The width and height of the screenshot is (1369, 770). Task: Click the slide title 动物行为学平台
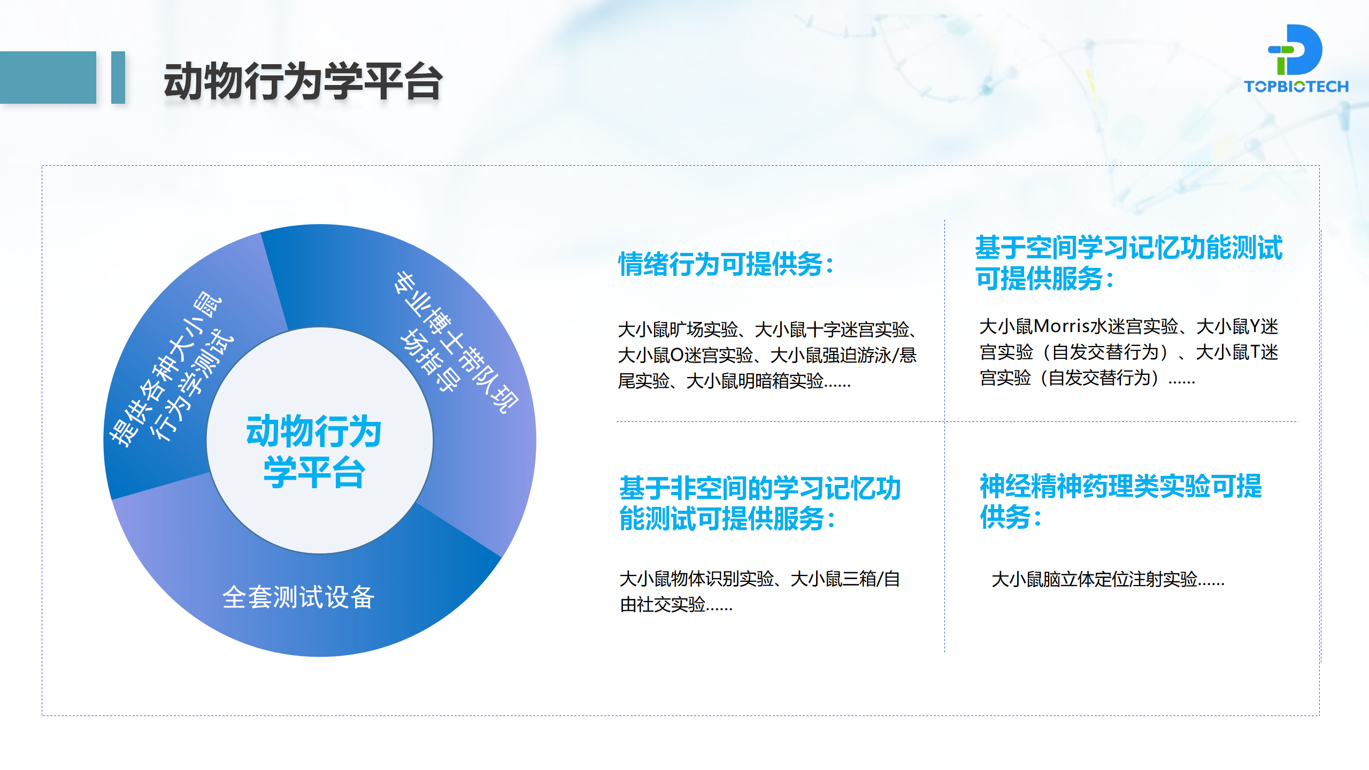(303, 81)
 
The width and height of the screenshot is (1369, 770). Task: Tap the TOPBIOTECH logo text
(1296, 87)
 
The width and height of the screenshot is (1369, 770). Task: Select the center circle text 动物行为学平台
(314, 451)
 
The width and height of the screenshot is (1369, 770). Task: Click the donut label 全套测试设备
(298, 597)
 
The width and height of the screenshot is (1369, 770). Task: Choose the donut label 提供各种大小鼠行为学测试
(171, 369)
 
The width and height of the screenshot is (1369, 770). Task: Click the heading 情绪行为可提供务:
(726, 264)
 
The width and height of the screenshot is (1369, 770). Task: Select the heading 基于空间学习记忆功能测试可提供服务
(1128, 263)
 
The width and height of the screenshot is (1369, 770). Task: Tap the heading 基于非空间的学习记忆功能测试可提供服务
(760, 503)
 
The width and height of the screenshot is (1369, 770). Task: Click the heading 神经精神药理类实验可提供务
(1120, 501)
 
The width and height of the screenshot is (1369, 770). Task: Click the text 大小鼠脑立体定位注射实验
(1094, 579)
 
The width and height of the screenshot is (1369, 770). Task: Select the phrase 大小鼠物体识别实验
(696, 579)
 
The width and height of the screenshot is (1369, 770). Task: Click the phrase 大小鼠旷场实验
(678, 329)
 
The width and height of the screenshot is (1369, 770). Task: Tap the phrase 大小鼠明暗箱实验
(755, 381)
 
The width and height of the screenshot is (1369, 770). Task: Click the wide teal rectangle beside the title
(48, 78)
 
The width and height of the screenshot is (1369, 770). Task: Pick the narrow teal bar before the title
(118, 78)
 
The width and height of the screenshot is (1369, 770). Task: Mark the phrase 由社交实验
(663, 604)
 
